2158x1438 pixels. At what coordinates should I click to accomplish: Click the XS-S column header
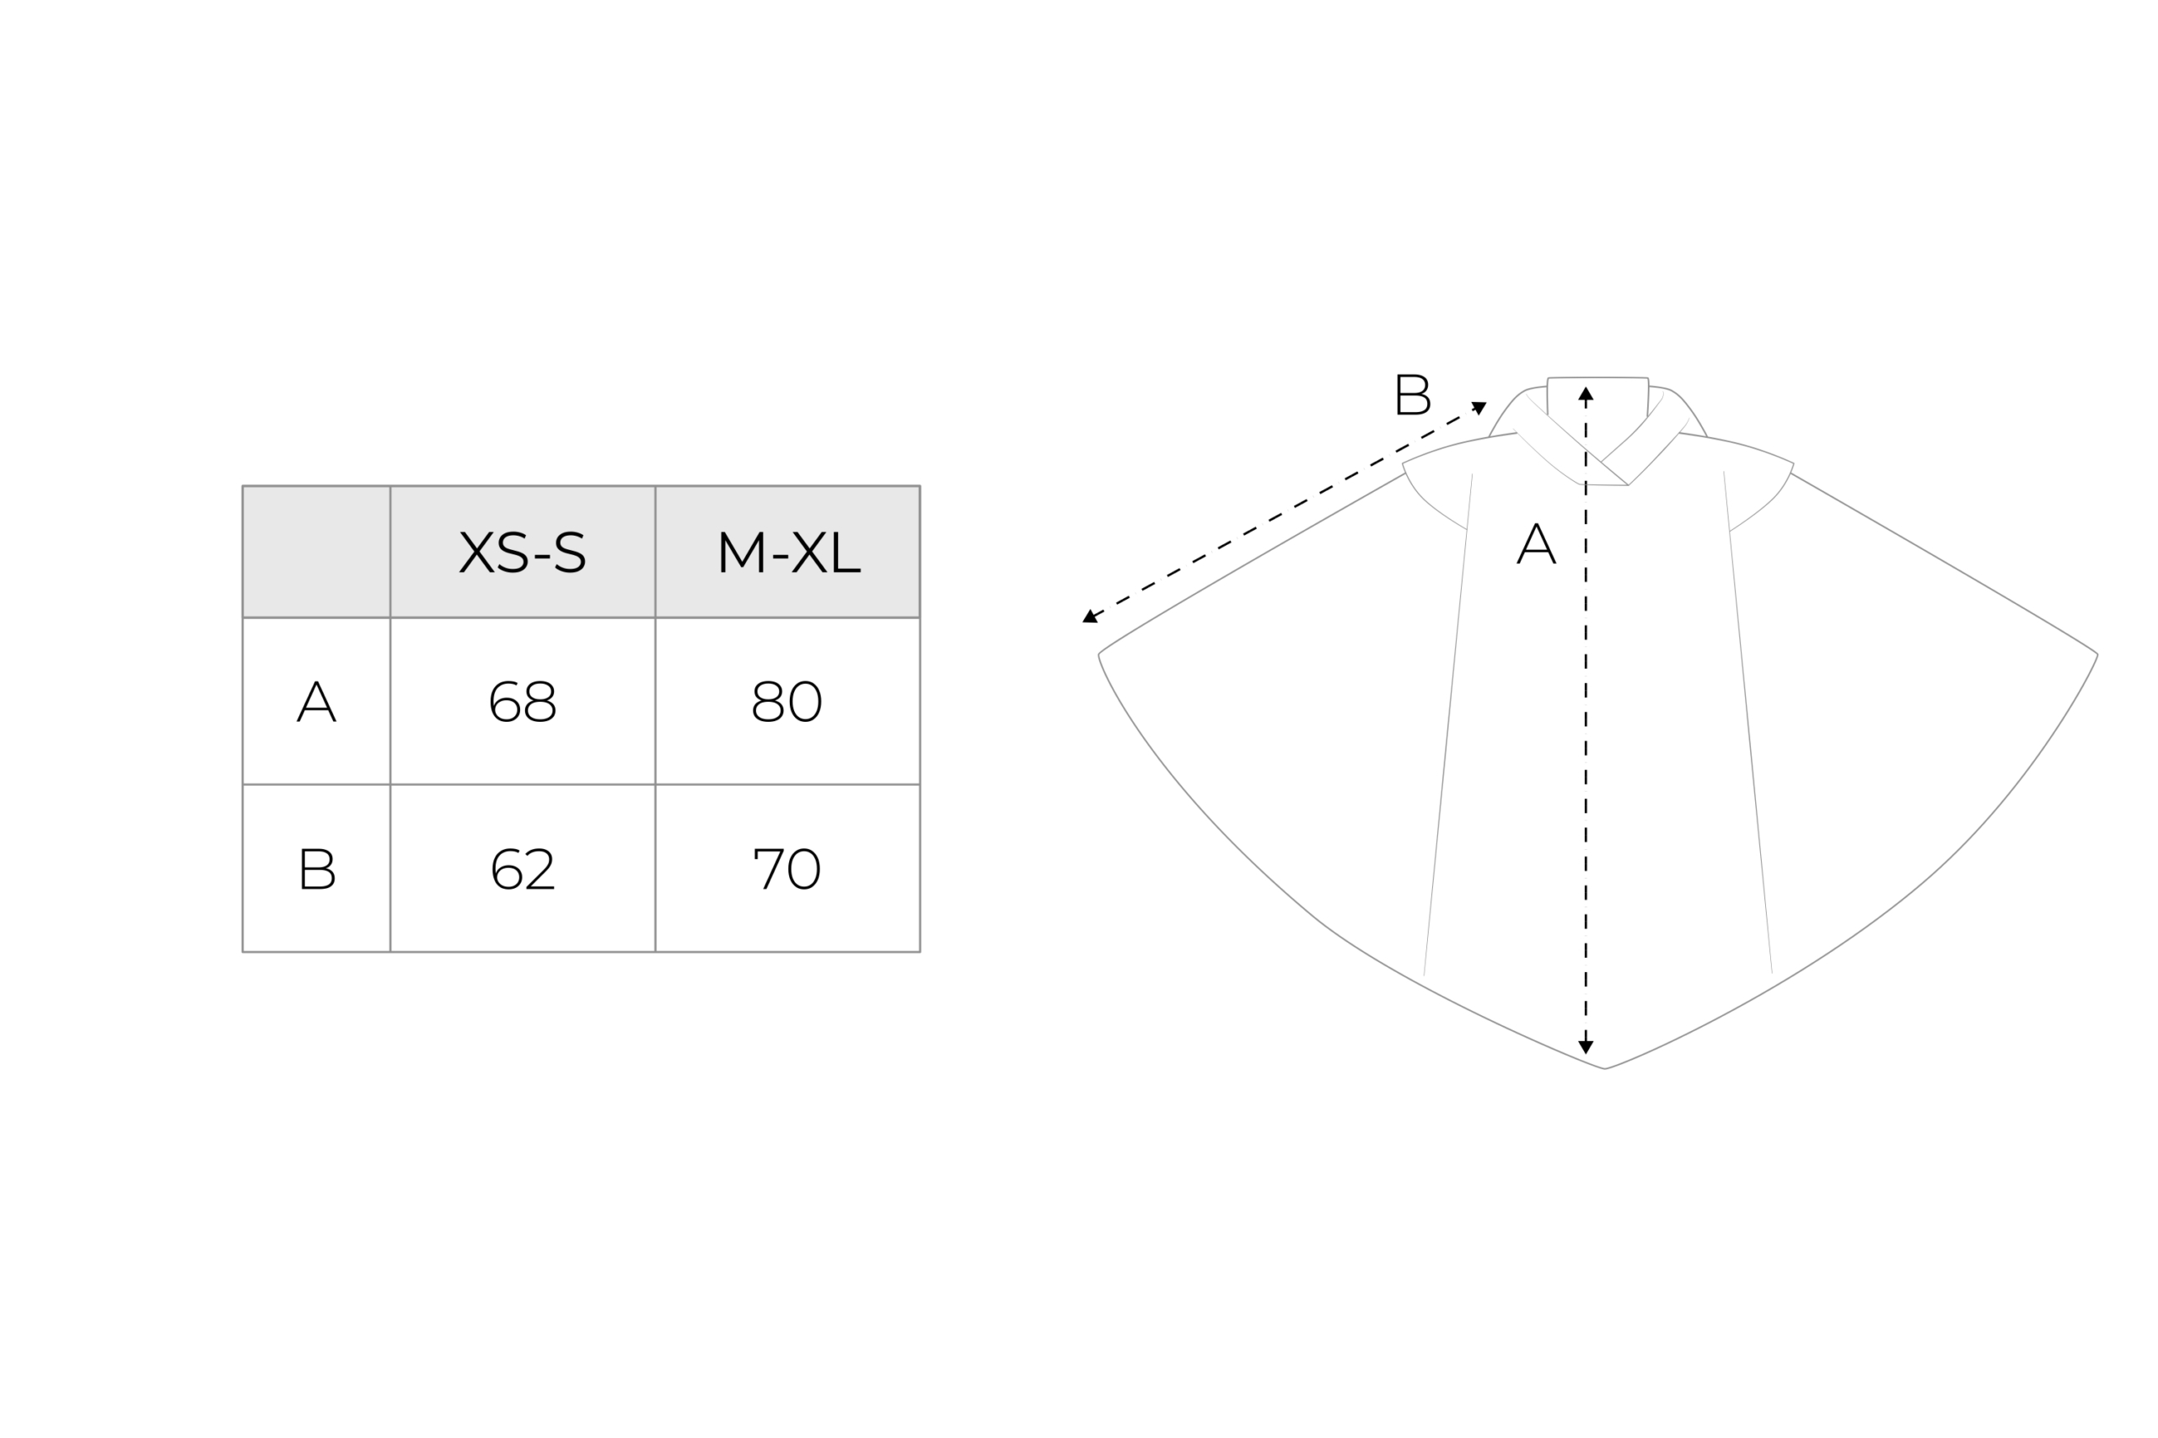(x=522, y=552)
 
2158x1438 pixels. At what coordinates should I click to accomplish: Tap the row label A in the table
(x=317, y=702)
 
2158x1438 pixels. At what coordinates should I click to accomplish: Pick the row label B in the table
(x=318, y=869)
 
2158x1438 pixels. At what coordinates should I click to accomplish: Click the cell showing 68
(x=523, y=702)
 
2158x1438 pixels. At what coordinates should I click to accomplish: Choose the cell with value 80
(x=787, y=702)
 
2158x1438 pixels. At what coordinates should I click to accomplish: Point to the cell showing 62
(x=523, y=869)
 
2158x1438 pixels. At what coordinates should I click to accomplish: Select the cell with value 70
(x=787, y=869)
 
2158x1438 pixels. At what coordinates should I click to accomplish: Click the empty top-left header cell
(x=317, y=552)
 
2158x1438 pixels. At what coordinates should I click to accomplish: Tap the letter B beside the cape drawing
(x=1413, y=394)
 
